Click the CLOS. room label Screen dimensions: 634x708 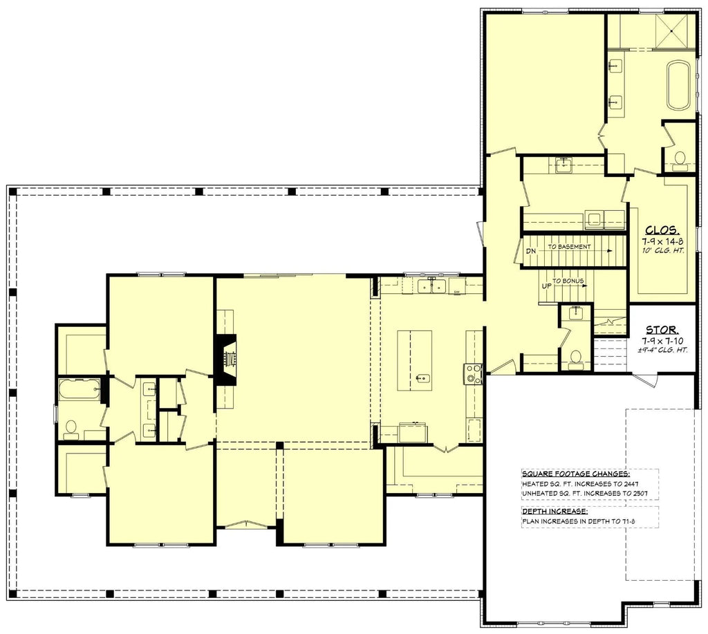click(x=662, y=230)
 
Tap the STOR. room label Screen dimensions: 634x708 click(x=662, y=330)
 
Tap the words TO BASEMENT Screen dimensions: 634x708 click(x=569, y=247)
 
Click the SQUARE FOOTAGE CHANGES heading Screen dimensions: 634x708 click(x=575, y=474)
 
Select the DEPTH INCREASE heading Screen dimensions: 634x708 click(x=553, y=511)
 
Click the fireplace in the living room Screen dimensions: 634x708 click(x=227, y=360)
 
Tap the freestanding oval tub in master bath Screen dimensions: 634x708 click(x=678, y=84)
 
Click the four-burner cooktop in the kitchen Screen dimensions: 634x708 click(x=474, y=373)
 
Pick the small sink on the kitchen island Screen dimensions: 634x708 click(x=424, y=379)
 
